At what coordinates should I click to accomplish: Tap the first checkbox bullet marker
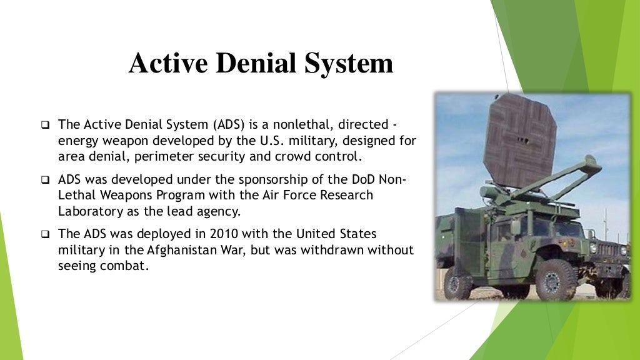[x=45, y=124]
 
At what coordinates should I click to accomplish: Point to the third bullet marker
[x=45, y=236]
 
